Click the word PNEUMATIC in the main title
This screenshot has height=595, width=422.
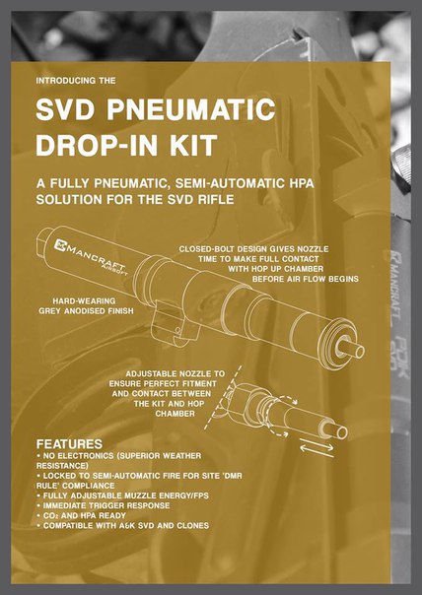pyautogui.click(x=190, y=109)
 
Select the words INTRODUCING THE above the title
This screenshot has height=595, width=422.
pyautogui.click(x=76, y=81)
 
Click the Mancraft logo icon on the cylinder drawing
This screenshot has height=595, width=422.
pyautogui.click(x=60, y=245)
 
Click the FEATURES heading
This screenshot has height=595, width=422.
pyautogui.click(x=69, y=444)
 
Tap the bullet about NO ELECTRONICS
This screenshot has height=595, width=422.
pyautogui.click(x=119, y=460)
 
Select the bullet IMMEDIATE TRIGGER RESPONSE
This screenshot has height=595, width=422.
pyautogui.click(x=104, y=505)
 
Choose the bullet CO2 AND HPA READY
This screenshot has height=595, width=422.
pyautogui.click(x=81, y=515)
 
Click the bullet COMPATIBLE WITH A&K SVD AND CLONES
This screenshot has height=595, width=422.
pyautogui.click(x=122, y=526)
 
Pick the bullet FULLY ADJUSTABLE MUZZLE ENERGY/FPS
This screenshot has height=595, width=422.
pyautogui.click(x=122, y=496)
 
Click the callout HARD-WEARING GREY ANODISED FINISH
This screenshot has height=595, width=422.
pyautogui.click(x=86, y=305)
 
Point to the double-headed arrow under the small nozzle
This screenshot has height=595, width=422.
pyautogui.click(x=316, y=448)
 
